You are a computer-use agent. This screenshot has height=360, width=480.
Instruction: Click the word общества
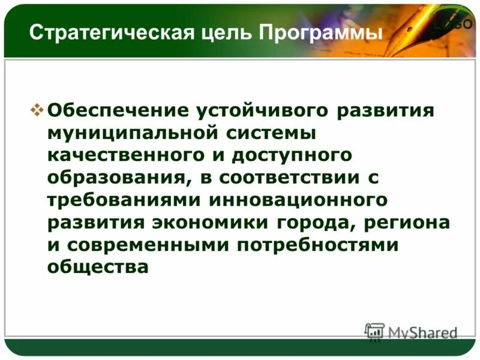[x=97, y=267]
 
